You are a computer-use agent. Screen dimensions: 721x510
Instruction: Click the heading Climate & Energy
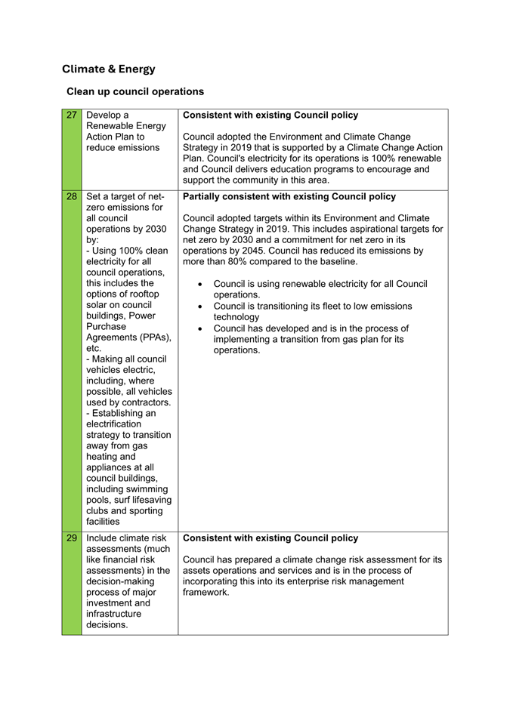pyautogui.click(x=108, y=69)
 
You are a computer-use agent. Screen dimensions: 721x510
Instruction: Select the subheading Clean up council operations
pyautogui.click(x=135, y=91)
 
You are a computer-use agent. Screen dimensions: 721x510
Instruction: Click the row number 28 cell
pyautogui.click(x=72, y=198)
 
